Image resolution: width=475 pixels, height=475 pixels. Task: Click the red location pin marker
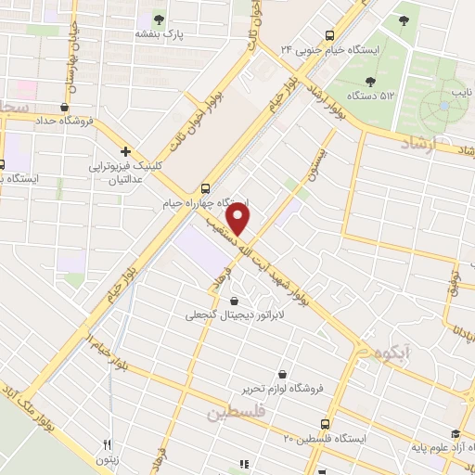pyautogui.click(x=239, y=220)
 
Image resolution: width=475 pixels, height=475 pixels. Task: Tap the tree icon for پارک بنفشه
pyautogui.click(x=160, y=18)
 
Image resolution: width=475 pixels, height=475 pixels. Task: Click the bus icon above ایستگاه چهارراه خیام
pyautogui.click(x=205, y=186)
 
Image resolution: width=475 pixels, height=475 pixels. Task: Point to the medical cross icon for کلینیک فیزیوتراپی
pyautogui.click(x=124, y=150)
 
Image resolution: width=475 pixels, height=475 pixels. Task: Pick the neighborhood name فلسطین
pyautogui.click(x=237, y=411)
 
